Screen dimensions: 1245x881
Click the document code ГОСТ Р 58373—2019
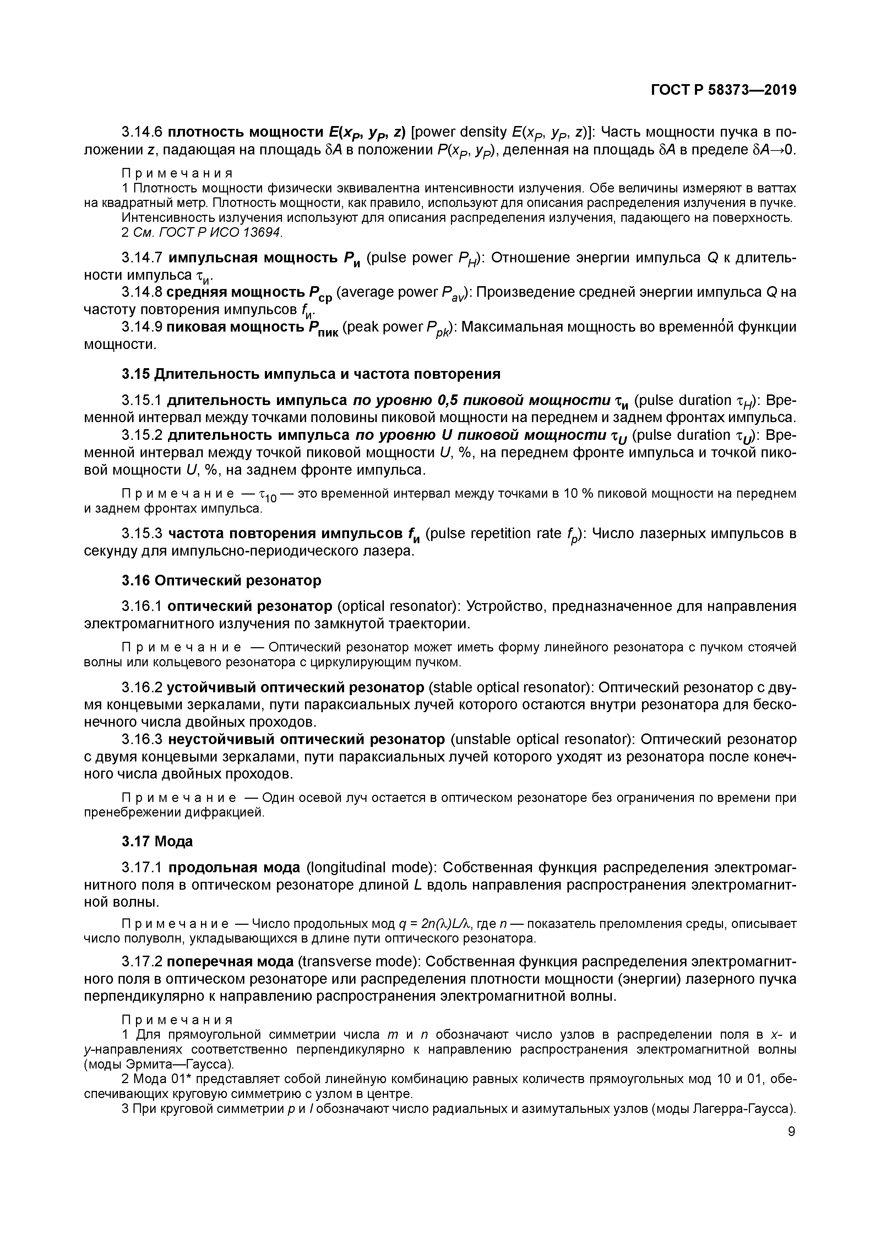tap(724, 90)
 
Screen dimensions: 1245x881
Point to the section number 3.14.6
tap(142, 132)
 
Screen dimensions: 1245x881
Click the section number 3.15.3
tap(142, 534)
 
